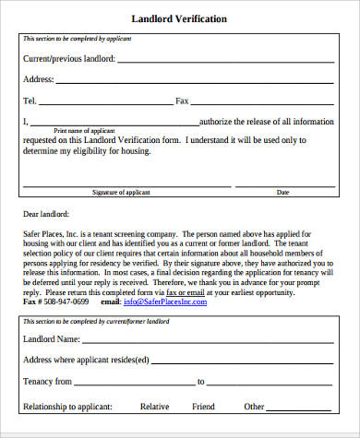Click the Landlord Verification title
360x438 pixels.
click(x=180, y=19)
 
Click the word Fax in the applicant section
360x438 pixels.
click(x=182, y=100)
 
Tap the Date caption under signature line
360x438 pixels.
click(x=282, y=192)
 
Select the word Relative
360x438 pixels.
click(x=154, y=406)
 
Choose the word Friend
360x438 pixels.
click(x=203, y=406)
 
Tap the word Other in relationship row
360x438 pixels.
click(x=254, y=406)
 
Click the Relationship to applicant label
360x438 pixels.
click(x=67, y=406)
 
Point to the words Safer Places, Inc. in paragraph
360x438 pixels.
click(x=52, y=234)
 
